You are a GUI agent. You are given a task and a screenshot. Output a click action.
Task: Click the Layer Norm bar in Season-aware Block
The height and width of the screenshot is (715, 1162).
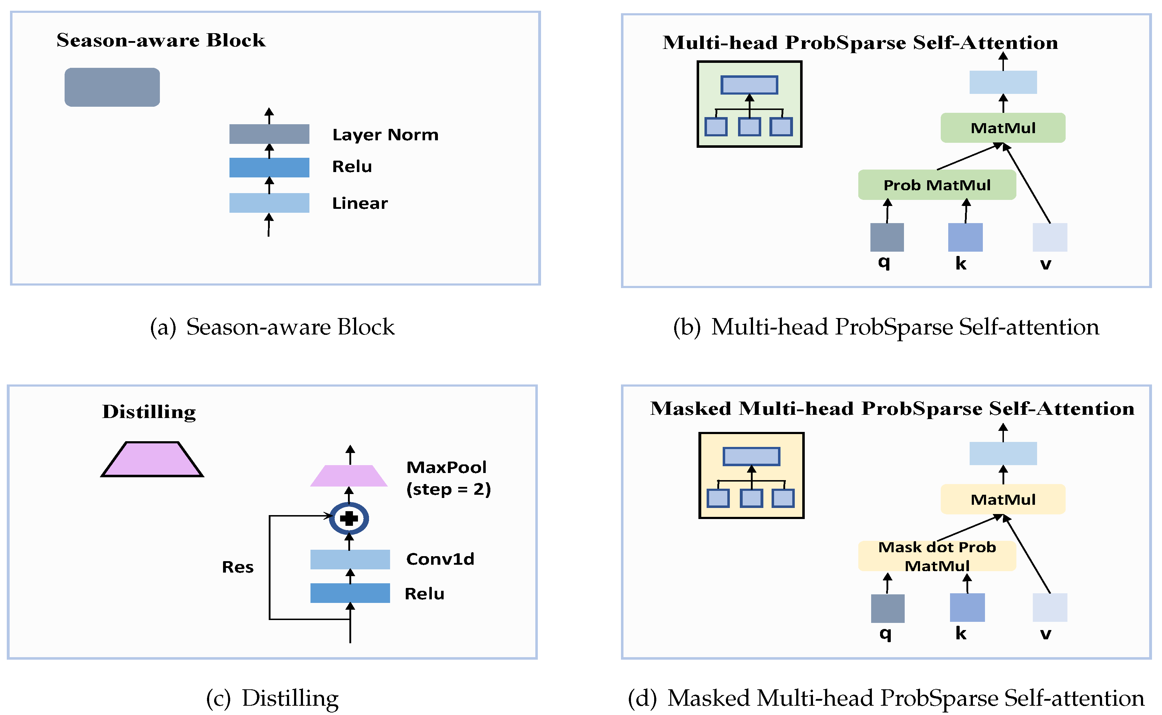(269, 134)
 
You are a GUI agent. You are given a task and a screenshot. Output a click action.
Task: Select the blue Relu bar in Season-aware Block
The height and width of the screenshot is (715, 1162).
(269, 167)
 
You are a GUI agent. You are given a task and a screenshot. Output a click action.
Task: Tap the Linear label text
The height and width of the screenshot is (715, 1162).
(360, 203)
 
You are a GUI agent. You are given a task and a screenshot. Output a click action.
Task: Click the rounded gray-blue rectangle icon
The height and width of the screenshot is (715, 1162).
(112, 87)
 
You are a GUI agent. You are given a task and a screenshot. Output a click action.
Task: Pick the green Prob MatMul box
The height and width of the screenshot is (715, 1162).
(936, 185)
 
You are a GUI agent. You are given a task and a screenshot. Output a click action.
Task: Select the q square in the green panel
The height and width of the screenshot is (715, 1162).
(886, 237)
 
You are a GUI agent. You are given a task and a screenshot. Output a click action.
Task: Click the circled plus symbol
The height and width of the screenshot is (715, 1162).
(349, 518)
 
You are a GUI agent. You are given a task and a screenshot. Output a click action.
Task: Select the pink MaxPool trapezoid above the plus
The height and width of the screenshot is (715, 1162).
(349, 476)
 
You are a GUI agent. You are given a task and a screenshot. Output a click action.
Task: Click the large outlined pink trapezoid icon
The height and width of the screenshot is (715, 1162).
(152, 459)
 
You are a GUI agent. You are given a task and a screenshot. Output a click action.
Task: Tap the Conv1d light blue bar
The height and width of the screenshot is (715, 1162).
(350, 559)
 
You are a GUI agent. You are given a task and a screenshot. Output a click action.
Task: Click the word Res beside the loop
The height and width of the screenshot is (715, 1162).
(238, 567)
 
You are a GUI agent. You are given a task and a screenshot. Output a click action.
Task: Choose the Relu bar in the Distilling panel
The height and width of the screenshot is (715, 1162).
(350, 593)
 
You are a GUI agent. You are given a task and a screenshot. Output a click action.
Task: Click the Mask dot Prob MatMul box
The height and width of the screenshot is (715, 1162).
(936, 556)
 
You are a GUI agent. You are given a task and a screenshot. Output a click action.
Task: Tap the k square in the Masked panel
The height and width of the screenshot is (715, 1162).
(967, 608)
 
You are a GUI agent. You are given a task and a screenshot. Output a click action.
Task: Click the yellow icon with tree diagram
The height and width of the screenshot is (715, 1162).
(751, 475)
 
